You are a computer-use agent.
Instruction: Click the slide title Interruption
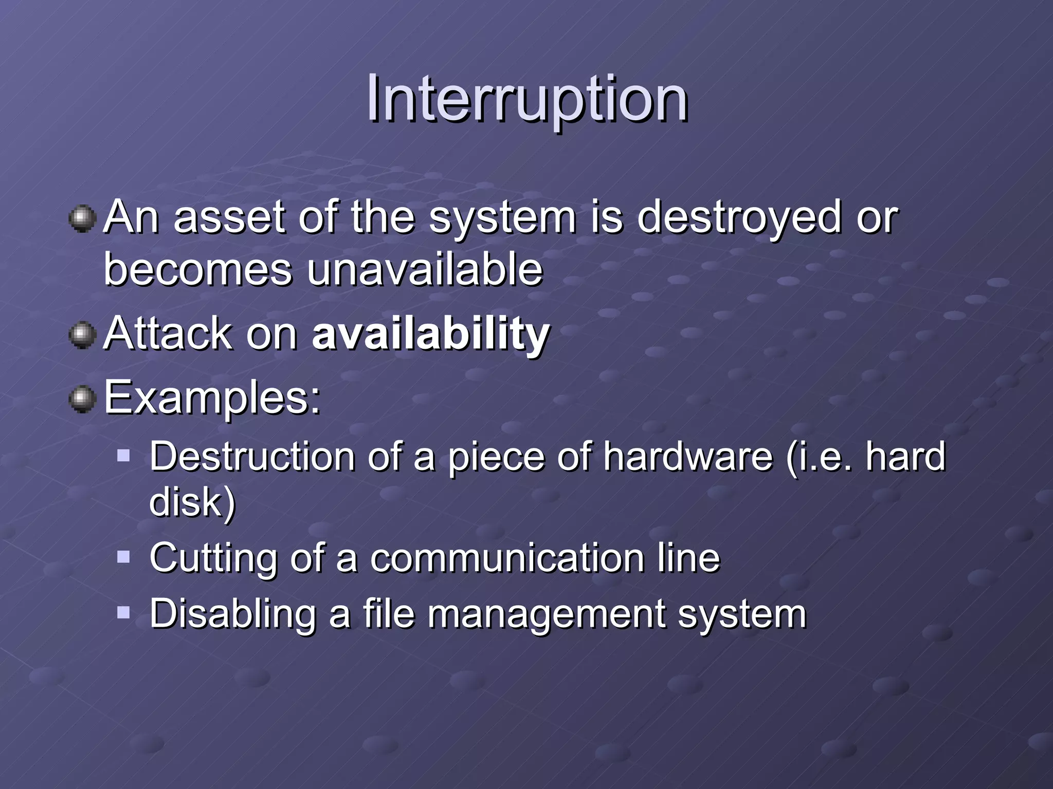coord(526,99)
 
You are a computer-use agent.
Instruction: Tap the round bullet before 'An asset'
coord(82,219)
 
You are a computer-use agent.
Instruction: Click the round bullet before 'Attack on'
coord(82,335)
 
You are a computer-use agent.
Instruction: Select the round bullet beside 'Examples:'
coord(82,400)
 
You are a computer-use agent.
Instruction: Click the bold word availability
coord(431,334)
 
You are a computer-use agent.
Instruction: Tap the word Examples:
coord(212,398)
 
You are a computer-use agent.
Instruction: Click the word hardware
coord(688,456)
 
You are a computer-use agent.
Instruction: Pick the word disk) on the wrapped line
coord(192,502)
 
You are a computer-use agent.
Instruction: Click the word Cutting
coord(213,558)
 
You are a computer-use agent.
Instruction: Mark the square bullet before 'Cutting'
coord(123,557)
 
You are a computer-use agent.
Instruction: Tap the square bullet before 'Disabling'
coord(123,612)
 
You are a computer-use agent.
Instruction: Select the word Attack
coord(168,334)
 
